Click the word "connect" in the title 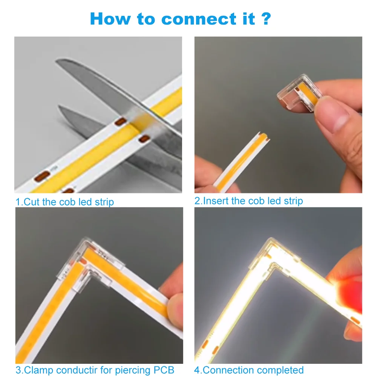tap(199, 19)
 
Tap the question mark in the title tap(267, 19)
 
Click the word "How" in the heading tap(110, 19)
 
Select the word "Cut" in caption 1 tap(32, 202)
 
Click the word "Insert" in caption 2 tap(216, 201)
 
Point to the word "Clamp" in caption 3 tap(38, 370)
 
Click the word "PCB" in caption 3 tap(164, 370)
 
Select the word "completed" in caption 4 tap(281, 370)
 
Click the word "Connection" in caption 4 tap(230, 370)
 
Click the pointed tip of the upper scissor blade tap(57, 61)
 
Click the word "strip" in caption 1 tap(104, 202)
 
